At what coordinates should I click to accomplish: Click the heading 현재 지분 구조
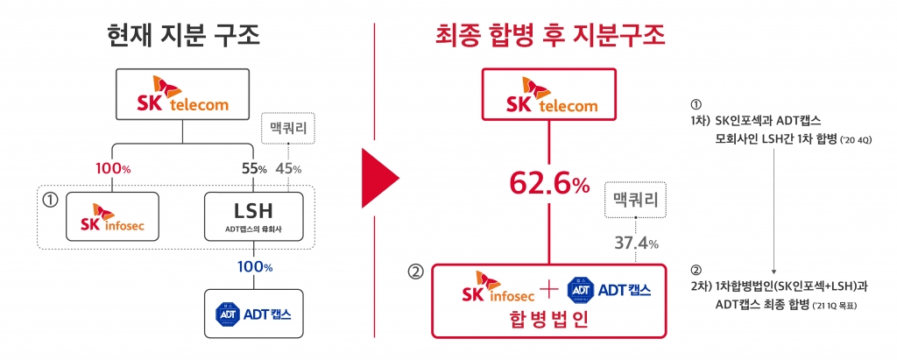click(182, 36)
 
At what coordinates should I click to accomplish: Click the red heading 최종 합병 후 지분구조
click(550, 36)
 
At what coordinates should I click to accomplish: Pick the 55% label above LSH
click(251, 167)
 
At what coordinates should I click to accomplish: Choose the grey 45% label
click(288, 167)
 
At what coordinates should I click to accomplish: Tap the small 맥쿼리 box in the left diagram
click(288, 129)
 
